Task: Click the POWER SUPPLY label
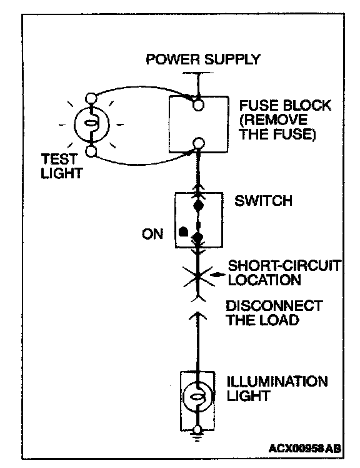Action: pos(203,59)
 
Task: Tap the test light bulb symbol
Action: pos(92,125)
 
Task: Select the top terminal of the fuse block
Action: pos(198,105)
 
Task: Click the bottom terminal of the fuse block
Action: pos(198,143)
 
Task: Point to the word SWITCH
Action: pos(263,201)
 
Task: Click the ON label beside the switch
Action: pos(152,234)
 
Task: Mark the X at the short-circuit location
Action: pos(197,277)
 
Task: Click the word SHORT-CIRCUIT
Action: pos(284,266)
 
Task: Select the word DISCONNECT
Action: pos(274,306)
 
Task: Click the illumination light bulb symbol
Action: pos(197,397)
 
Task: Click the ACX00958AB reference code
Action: pos(304,449)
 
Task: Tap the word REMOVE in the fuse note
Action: pos(273,120)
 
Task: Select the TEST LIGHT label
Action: pos(62,166)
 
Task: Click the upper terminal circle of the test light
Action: pos(91,98)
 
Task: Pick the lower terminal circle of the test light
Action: pos(91,151)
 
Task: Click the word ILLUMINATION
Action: pos(277,382)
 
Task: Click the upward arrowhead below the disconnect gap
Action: pos(197,316)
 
